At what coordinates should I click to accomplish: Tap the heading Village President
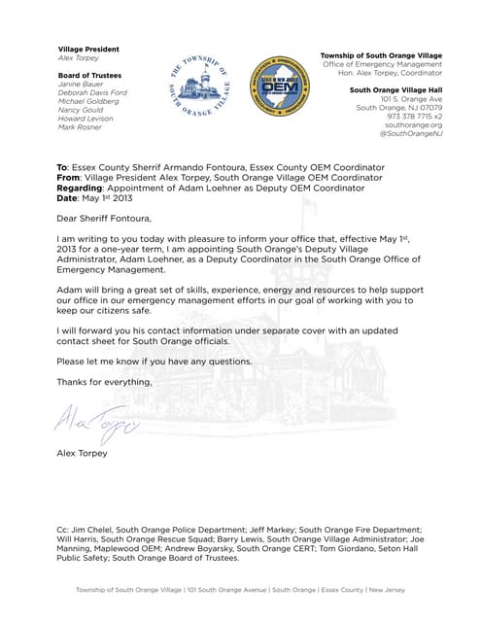click(x=88, y=50)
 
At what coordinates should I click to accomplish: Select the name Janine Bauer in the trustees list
click(x=81, y=84)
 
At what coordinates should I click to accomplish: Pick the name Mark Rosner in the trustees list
click(x=80, y=127)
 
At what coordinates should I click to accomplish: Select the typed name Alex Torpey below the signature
click(x=83, y=454)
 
